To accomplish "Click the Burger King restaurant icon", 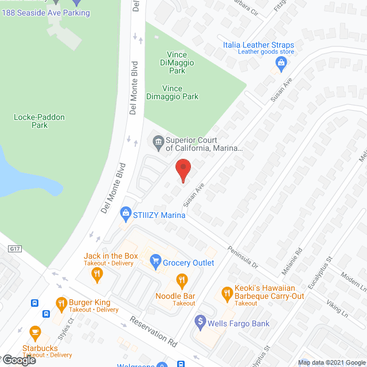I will pyautogui.click(x=61, y=303).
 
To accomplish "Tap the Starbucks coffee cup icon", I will pyautogui.click(x=34, y=331).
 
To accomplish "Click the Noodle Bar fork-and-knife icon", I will pyautogui.click(x=182, y=281).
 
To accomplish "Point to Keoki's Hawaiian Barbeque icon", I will pyautogui.click(x=227, y=294).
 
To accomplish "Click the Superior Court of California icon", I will pyautogui.click(x=158, y=140).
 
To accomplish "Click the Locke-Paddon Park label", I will pyautogui.click(x=40, y=121).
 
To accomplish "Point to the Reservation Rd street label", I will pyautogui.click(x=153, y=332).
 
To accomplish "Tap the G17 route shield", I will pyautogui.click(x=15, y=249).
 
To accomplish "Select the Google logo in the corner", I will pyautogui.click(x=19, y=360).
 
